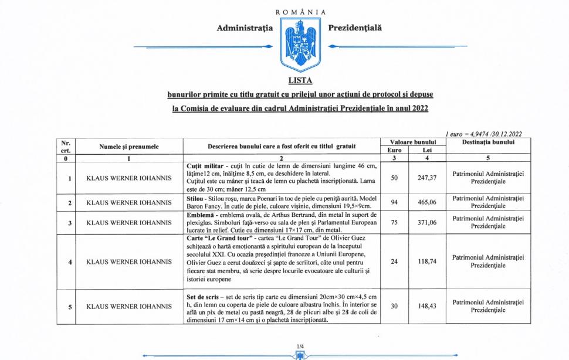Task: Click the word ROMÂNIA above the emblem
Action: (x=300, y=12)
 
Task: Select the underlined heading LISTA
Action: (x=300, y=80)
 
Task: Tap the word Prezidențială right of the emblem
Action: (x=355, y=28)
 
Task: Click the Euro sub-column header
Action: (x=395, y=150)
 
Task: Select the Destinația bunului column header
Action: (x=488, y=142)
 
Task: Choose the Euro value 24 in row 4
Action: (x=395, y=261)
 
